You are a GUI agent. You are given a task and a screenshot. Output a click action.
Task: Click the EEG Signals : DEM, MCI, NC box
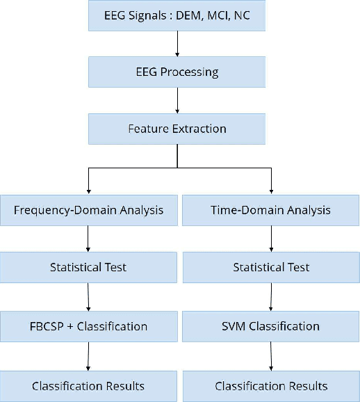pos(177,15)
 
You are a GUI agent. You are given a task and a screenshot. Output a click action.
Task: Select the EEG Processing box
pos(177,72)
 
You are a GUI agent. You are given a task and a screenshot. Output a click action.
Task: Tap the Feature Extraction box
pos(177,129)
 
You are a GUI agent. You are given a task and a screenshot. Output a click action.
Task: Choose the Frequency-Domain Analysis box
pos(88,210)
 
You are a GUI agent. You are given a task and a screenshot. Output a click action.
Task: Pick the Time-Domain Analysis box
pos(271,210)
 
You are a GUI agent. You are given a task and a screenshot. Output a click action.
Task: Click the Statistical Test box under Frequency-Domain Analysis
pos(88,267)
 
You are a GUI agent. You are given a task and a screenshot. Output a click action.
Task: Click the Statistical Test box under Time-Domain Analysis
pos(271,267)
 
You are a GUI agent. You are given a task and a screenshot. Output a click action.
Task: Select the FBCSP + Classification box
pos(88,326)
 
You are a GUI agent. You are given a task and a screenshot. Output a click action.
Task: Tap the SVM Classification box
pos(271,326)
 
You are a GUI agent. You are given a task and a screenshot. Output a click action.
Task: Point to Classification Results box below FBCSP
pos(88,386)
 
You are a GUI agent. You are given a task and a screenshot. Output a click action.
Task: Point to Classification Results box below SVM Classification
pos(271,386)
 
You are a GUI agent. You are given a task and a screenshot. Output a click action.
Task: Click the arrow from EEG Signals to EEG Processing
pos(177,43)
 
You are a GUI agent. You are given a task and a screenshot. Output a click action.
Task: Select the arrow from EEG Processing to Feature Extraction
pos(177,100)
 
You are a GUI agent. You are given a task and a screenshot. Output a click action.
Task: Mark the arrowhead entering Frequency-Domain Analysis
pos(88,191)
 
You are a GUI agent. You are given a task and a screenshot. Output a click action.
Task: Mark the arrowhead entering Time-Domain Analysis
pos(271,191)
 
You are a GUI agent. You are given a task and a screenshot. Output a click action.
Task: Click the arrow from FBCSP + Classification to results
pos(88,356)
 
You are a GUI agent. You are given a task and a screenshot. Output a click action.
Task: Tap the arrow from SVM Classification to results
pos(271,356)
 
